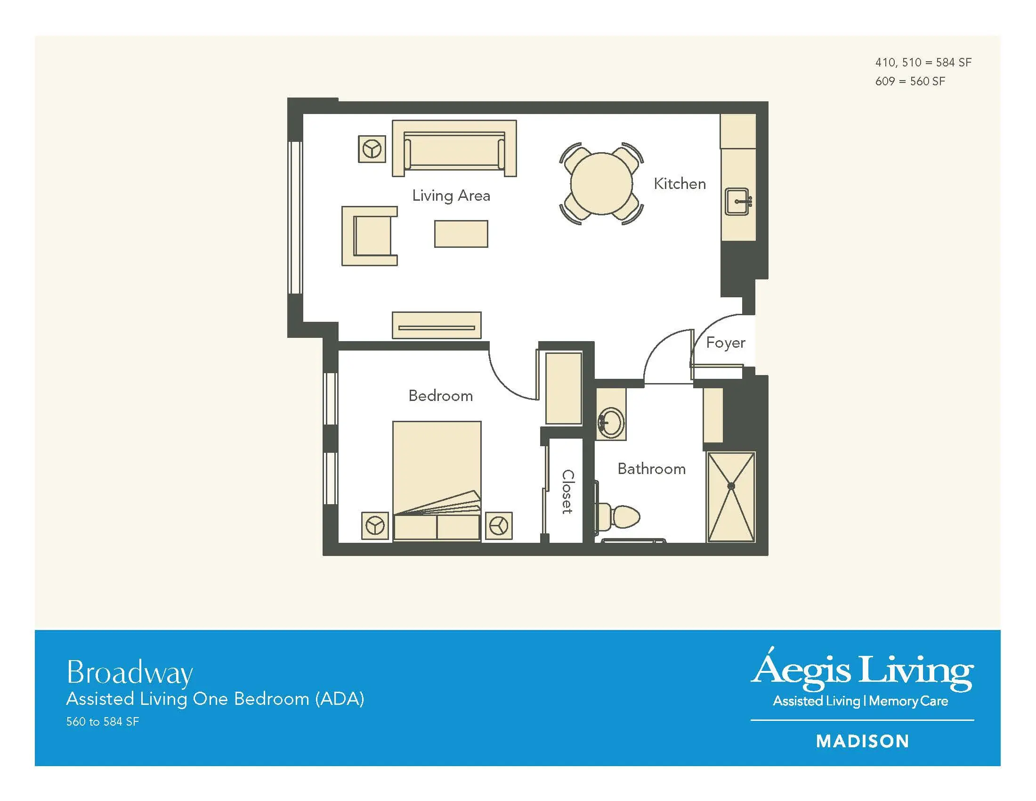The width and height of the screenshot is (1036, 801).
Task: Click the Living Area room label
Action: (x=451, y=196)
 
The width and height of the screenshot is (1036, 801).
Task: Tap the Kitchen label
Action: (x=680, y=184)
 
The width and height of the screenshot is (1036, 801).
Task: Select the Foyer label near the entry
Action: (x=725, y=343)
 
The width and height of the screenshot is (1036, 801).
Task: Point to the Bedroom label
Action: (x=441, y=396)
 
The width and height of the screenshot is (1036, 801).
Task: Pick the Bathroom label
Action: (x=652, y=469)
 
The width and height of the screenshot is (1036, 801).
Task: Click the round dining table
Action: (x=601, y=184)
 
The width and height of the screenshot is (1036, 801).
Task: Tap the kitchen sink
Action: (x=737, y=201)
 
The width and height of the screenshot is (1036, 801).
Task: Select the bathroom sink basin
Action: (x=610, y=422)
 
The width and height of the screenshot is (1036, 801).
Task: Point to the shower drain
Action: (x=731, y=486)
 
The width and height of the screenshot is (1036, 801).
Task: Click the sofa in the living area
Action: (x=454, y=148)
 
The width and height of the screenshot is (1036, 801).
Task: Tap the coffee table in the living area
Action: (x=461, y=233)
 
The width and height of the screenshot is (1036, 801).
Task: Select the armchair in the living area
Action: (x=370, y=236)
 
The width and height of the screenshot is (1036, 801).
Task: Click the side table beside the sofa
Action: (x=372, y=149)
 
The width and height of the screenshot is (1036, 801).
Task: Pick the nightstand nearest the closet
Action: (x=499, y=526)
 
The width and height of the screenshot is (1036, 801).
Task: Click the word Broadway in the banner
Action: (x=129, y=672)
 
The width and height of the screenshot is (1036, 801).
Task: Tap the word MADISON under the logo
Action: (x=862, y=741)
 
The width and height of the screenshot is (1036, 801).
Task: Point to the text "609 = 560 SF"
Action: (x=910, y=82)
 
